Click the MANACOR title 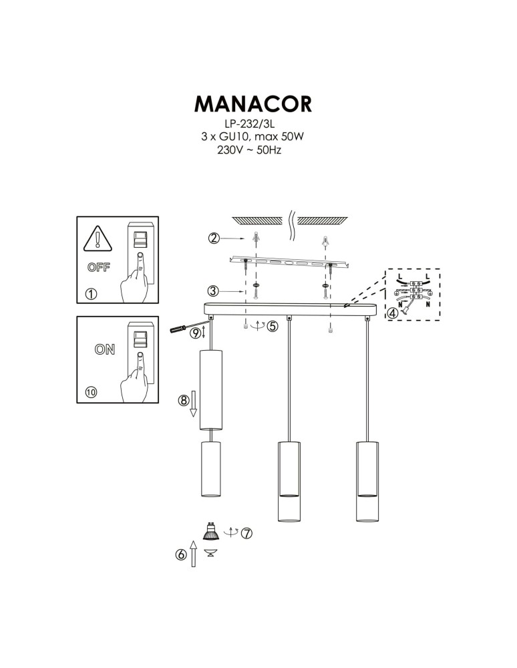click(252, 104)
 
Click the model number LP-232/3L click(252, 124)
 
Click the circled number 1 click(91, 293)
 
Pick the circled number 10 click(91, 392)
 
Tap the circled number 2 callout click(214, 238)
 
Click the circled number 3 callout click(213, 291)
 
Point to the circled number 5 click(272, 326)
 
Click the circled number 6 click(181, 554)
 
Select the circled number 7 click(246, 533)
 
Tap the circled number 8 click(182, 401)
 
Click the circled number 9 click(195, 332)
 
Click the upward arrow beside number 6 click(193, 554)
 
